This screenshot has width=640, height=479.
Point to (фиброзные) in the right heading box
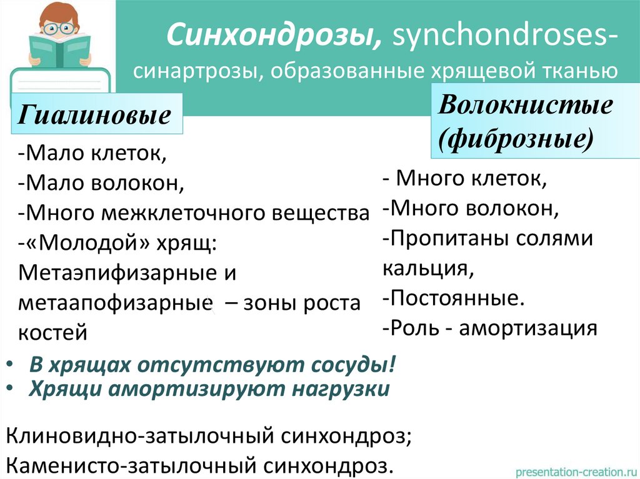[516, 137]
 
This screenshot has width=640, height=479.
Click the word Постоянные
[456, 298]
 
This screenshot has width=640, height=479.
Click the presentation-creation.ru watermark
[574, 470]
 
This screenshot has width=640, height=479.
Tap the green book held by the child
[59, 50]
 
